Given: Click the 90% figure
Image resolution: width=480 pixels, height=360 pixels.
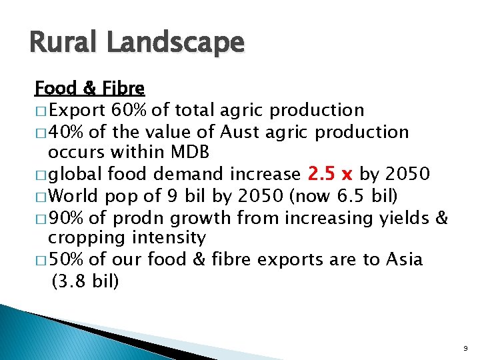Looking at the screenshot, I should tap(66, 217).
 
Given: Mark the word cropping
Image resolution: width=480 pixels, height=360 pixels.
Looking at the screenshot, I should tap(87, 238).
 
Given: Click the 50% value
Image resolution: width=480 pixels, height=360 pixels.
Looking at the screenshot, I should tap(66, 259).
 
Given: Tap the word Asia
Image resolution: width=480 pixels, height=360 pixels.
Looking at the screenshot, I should tap(403, 259).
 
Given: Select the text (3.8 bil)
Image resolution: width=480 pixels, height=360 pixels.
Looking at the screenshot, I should tap(85, 281).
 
